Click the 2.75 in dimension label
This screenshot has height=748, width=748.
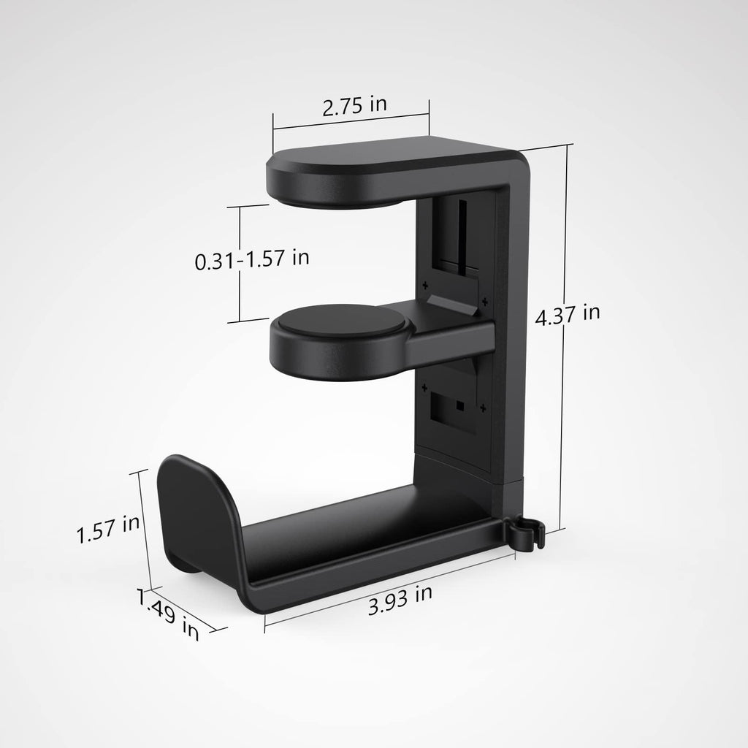(x=355, y=105)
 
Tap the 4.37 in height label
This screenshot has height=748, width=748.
(x=568, y=315)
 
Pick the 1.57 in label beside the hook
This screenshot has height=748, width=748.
(x=108, y=527)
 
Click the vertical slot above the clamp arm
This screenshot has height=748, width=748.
(x=462, y=234)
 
